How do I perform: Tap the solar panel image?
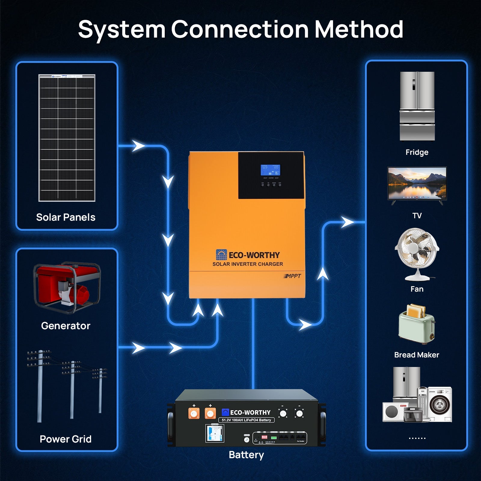click(x=67, y=138)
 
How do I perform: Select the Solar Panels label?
click(x=66, y=217)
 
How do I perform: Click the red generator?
click(x=67, y=287)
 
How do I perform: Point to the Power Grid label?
click(x=66, y=439)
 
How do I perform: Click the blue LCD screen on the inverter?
click(x=270, y=170)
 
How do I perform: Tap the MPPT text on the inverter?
click(x=292, y=276)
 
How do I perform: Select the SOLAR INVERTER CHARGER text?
click(x=247, y=264)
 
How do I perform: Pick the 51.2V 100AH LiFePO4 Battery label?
click(x=246, y=420)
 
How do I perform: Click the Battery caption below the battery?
click(x=246, y=455)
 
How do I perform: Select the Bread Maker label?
click(x=416, y=355)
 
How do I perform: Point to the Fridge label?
click(x=417, y=152)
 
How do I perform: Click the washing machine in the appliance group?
click(x=439, y=404)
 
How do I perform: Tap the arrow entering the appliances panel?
click(x=348, y=222)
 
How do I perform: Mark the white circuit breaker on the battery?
click(x=214, y=433)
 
